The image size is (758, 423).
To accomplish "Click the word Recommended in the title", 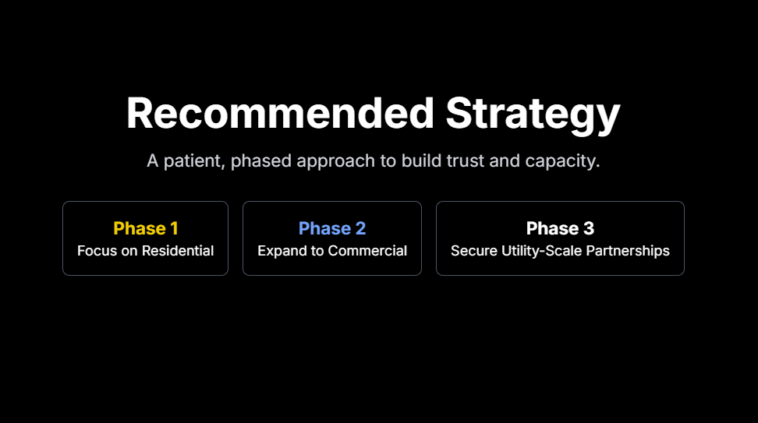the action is [281, 113].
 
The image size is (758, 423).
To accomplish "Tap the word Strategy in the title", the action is [533, 115].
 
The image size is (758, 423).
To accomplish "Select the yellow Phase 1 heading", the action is [146, 228].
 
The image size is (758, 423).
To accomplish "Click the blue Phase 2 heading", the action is [332, 228].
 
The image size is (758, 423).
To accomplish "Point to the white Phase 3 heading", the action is [560, 228].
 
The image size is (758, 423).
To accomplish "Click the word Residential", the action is [178, 251].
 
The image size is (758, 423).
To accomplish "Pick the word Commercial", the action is [367, 251].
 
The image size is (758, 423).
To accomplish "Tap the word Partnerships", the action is [628, 251].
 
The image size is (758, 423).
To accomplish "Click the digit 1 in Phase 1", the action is [174, 228].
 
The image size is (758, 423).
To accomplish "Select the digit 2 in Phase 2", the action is [360, 228].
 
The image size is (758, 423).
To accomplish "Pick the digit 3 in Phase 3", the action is [588, 228].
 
